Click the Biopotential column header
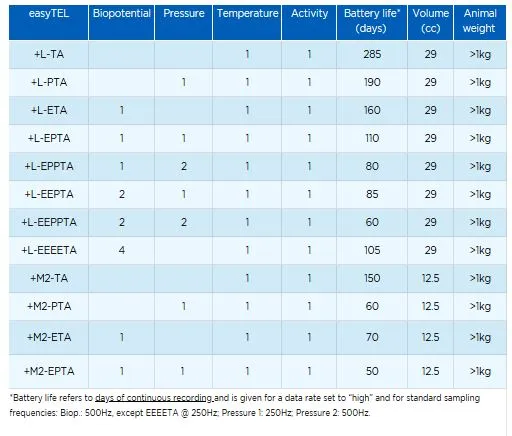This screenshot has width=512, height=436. click(x=122, y=13)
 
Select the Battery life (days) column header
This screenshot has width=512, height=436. click(x=372, y=21)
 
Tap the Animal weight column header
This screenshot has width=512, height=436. click(x=480, y=21)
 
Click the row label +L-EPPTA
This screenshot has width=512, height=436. click(x=49, y=166)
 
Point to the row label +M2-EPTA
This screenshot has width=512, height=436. click(x=49, y=371)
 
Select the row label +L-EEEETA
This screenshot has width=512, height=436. click(x=49, y=250)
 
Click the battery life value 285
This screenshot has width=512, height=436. click(x=372, y=54)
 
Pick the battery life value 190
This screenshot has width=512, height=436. click(x=372, y=82)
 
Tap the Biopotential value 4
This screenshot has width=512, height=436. click(x=122, y=250)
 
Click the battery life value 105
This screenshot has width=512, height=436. click(x=372, y=250)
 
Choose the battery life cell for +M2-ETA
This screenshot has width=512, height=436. click(x=372, y=337)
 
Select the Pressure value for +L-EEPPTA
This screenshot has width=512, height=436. click(x=184, y=222)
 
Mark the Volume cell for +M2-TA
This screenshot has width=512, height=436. click(x=430, y=278)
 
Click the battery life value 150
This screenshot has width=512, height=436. click(x=372, y=278)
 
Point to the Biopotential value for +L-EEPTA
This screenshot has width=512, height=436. click(x=122, y=194)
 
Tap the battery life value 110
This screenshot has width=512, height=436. click(x=372, y=138)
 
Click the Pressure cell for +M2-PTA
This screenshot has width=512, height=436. click(x=184, y=306)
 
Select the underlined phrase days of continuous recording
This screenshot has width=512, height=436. click(x=154, y=398)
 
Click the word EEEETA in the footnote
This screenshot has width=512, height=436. click(x=162, y=413)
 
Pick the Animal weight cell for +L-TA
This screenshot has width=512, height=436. click(x=480, y=54)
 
